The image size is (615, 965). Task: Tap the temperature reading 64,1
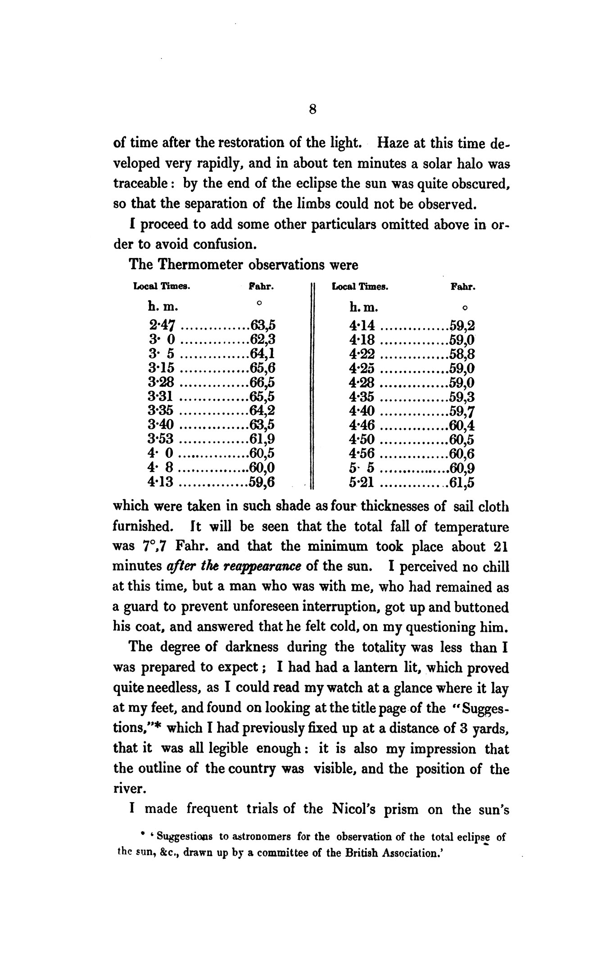pyautogui.click(x=262, y=354)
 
